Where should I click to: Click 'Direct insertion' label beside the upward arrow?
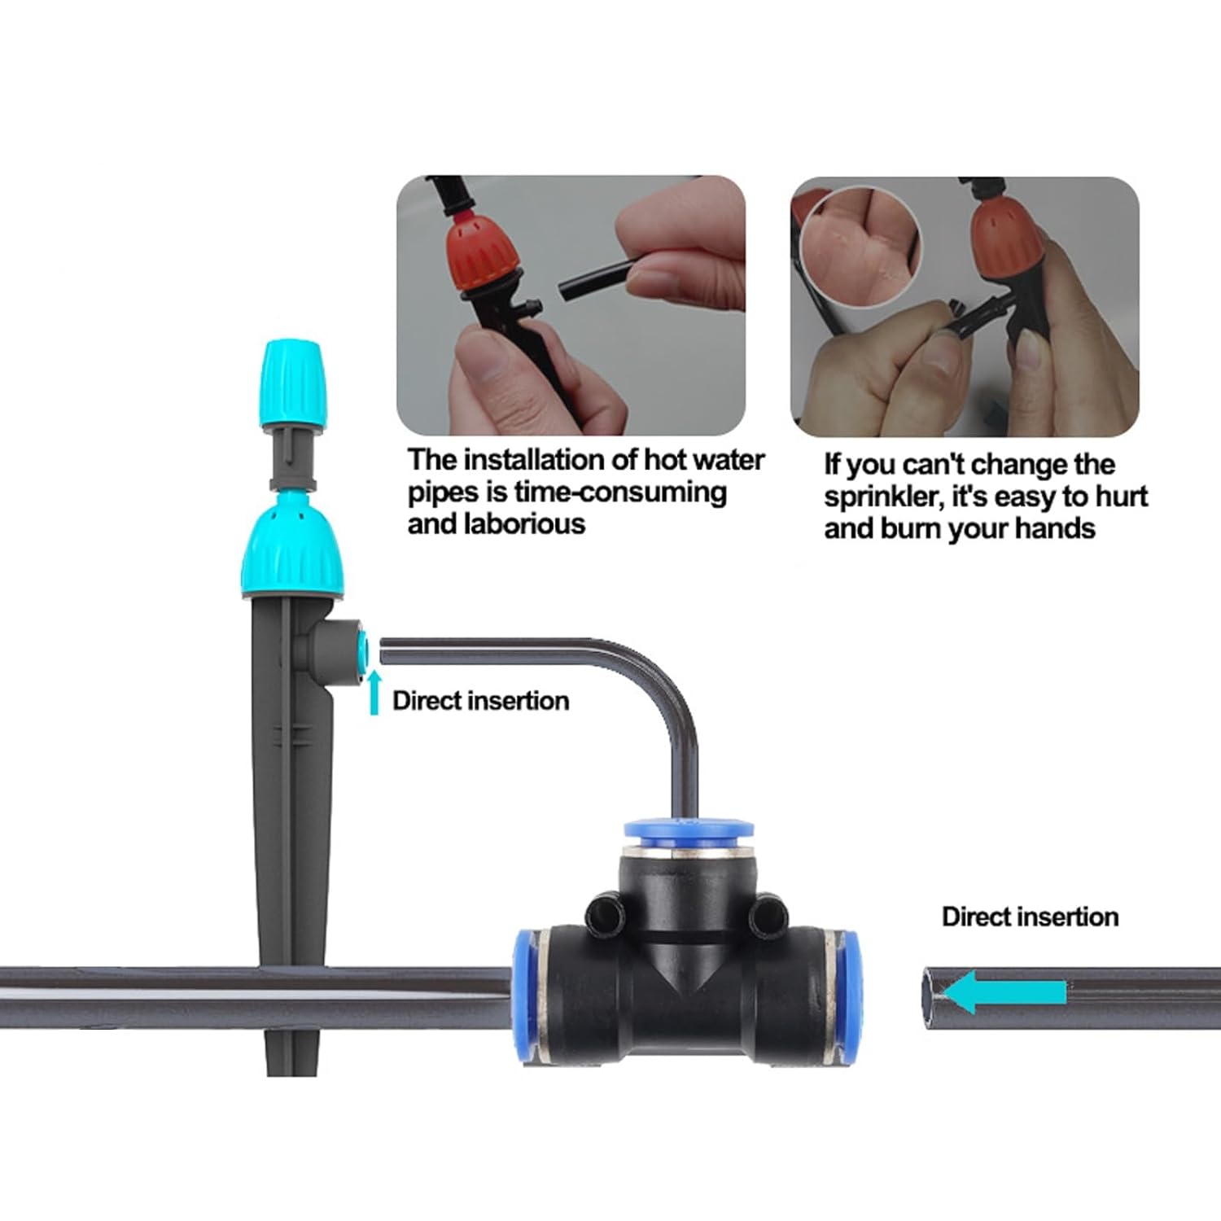click(x=480, y=701)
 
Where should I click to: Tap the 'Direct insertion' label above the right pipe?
click(x=1030, y=917)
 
